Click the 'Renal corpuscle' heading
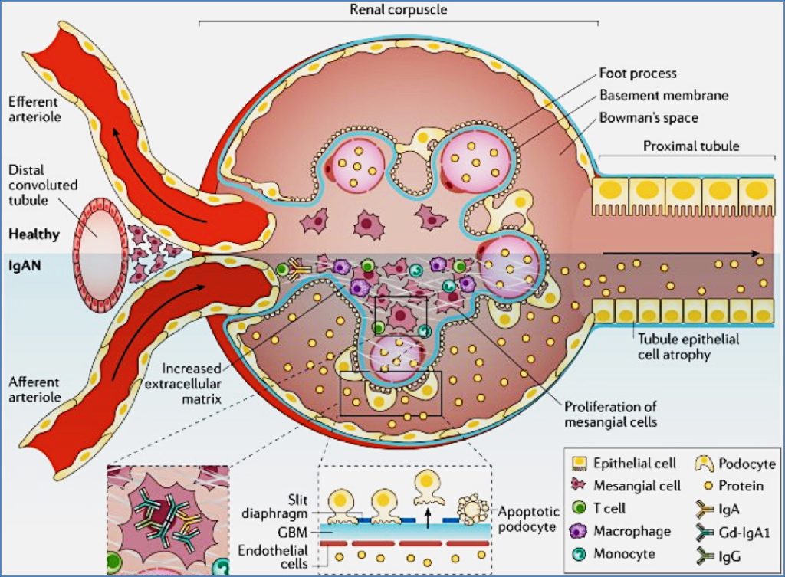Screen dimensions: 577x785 pyautogui.click(x=399, y=10)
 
